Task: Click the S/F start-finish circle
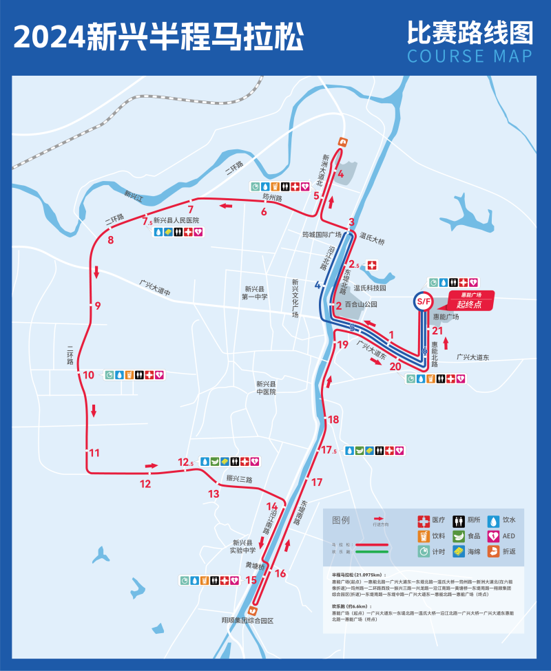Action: (422, 301)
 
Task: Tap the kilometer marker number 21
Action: (437, 331)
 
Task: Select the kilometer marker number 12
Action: (145, 484)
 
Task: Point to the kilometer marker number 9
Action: (98, 306)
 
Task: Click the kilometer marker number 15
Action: (251, 580)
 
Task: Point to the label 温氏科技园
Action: (370, 288)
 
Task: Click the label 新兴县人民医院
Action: (176, 221)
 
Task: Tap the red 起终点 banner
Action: (471, 300)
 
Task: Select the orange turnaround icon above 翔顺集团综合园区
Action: (253, 608)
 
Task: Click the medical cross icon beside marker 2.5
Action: (373, 265)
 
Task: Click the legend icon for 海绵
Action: (457, 551)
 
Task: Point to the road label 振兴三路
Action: (240, 479)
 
